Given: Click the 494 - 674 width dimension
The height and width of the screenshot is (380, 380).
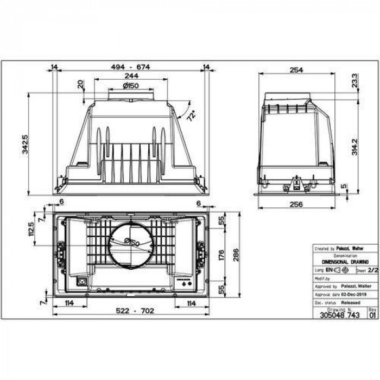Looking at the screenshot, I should point(130,67).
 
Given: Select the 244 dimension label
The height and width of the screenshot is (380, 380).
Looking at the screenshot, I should point(130,76).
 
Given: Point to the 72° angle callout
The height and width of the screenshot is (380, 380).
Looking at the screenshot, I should point(191,116).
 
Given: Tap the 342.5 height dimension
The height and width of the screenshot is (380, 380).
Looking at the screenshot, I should point(25,144).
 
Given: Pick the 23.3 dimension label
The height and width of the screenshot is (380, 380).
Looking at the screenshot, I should point(354,80).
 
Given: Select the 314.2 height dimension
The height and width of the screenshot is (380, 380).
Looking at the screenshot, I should point(354,147).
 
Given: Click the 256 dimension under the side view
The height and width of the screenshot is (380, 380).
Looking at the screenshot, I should point(296,204).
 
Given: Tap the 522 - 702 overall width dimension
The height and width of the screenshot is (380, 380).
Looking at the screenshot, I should point(130,311).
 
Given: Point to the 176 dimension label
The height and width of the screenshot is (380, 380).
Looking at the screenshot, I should point(221,255).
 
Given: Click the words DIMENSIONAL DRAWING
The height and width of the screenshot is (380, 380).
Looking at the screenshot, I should point(345,261).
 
